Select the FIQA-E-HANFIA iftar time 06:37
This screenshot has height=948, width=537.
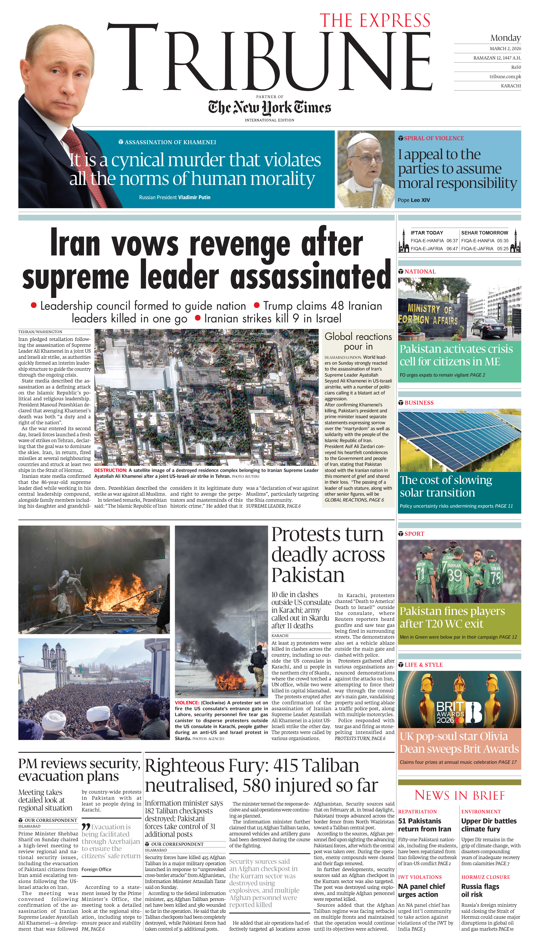click(x=452, y=241)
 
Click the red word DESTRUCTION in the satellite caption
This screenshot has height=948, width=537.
click(x=110, y=471)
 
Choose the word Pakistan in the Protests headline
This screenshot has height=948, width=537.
click(x=308, y=575)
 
